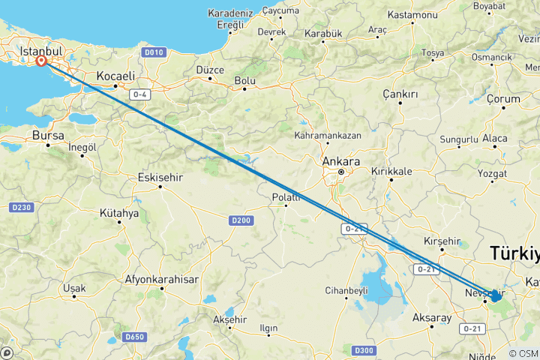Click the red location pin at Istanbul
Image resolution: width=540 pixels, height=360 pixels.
pos(41,62)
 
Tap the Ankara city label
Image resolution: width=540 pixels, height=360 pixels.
pos(340,161)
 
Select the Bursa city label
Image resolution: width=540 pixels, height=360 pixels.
pos(48,136)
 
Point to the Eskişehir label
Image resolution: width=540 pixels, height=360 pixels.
pos(161,178)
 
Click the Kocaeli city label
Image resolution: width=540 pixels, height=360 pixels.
pos(115,76)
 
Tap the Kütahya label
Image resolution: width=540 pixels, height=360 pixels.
pos(119,213)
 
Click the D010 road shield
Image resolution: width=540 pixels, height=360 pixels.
pos(154,52)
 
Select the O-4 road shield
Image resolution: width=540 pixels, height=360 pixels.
pos(140,94)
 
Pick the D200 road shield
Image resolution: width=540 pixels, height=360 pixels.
pos(240,220)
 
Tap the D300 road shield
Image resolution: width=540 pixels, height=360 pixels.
pos(364,349)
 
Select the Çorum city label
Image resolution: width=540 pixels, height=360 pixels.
pos(502,99)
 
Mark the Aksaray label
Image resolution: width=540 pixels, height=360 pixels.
pos(432,318)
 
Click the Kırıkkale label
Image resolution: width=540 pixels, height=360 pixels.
pos(391,171)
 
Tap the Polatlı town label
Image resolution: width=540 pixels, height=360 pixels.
pos(286,197)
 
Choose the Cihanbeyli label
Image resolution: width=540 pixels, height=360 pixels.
pos(346,290)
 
